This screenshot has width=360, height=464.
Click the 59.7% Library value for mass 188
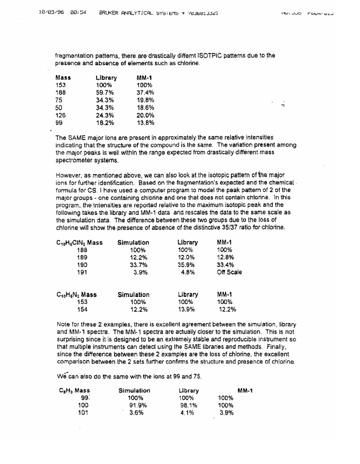click(x=105, y=92)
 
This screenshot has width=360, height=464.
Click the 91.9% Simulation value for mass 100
click(x=136, y=405)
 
